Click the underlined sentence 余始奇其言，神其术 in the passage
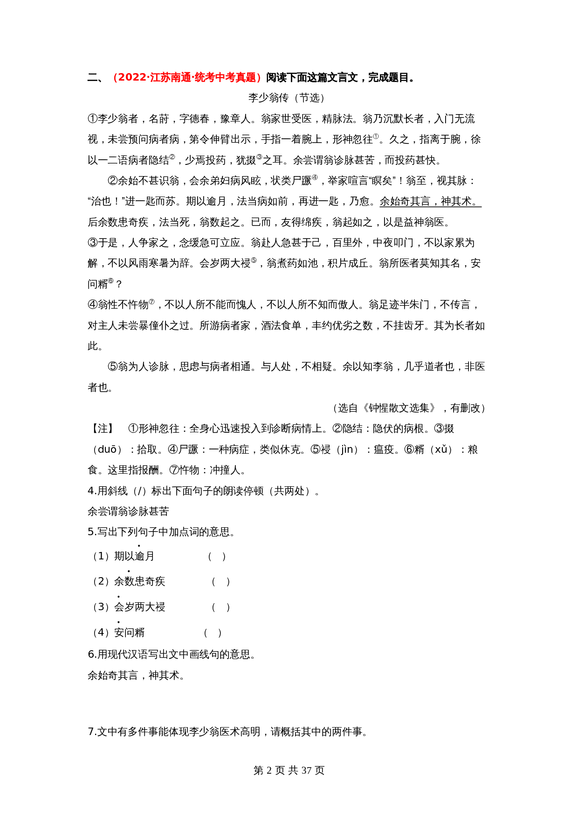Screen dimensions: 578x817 point(430,202)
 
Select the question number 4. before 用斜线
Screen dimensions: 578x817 point(92,491)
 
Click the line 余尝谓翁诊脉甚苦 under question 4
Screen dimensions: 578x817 point(128,511)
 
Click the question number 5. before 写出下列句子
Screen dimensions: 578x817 point(92,532)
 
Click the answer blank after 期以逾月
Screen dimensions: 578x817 point(217,557)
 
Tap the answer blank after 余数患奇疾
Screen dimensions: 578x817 point(221,582)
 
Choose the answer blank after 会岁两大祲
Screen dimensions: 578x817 point(221,607)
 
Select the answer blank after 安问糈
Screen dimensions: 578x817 point(213,633)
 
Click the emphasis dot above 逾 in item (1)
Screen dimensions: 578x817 point(139,545)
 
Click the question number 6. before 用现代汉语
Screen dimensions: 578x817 point(92,654)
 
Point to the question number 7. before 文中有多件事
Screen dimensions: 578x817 point(92,732)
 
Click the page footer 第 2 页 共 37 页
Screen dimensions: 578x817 point(289,770)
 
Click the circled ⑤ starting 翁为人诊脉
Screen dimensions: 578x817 point(112,367)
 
